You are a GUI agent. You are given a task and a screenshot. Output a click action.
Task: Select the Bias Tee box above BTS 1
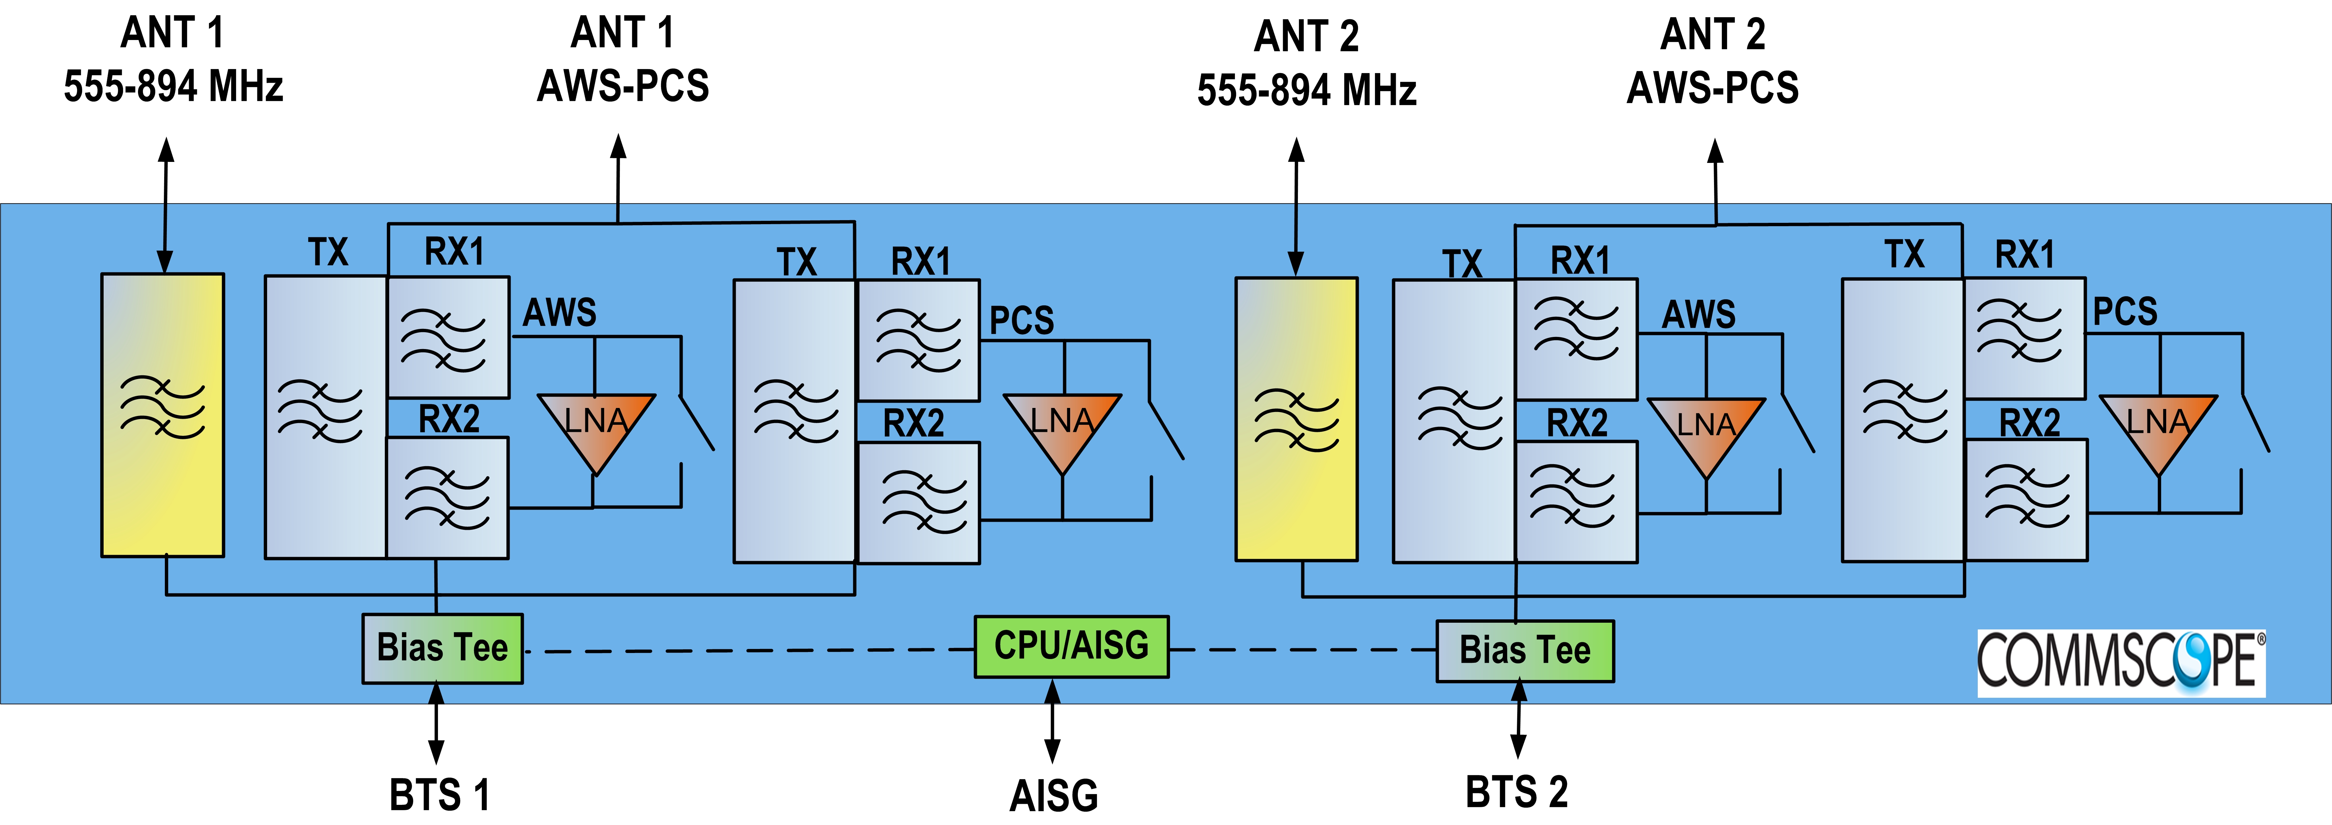click(x=442, y=648)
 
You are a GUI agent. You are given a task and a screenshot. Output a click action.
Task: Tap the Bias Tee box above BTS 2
click(x=1525, y=650)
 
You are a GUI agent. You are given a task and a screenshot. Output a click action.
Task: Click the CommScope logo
click(x=2120, y=663)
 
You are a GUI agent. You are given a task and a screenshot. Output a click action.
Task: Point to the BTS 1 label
click(x=439, y=794)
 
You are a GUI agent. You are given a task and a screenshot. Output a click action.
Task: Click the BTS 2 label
click(x=1516, y=791)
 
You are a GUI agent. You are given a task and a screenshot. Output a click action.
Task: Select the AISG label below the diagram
click(x=1054, y=795)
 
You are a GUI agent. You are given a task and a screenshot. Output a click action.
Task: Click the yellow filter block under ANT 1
click(x=163, y=415)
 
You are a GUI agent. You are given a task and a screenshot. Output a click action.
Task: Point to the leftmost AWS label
click(x=559, y=312)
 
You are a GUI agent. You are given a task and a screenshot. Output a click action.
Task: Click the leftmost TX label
click(x=328, y=252)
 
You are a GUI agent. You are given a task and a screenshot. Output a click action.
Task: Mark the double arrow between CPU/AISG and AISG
click(x=1052, y=722)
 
